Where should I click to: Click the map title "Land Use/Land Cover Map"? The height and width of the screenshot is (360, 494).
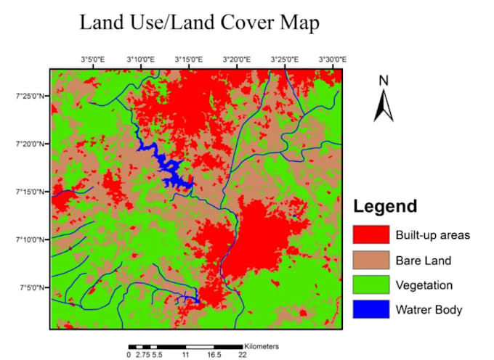click(199, 23)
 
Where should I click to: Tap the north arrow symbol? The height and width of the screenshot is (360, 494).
click(384, 106)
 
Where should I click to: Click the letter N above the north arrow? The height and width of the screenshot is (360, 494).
click(384, 81)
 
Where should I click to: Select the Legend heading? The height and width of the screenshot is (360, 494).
click(385, 206)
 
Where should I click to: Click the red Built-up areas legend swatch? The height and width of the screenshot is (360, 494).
click(370, 235)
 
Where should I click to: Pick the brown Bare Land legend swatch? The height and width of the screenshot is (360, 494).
click(370, 260)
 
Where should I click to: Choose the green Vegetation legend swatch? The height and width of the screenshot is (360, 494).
click(370, 285)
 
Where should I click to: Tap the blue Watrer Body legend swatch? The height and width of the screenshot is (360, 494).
click(370, 310)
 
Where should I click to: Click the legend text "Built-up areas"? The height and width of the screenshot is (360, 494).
click(433, 235)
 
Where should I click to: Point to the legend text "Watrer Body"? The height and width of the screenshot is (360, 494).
click(429, 310)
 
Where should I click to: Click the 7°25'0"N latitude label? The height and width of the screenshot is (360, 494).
click(33, 96)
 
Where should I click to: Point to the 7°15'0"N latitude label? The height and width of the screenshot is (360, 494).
click(33, 192)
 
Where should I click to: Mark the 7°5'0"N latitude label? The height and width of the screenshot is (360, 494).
click(34, 288)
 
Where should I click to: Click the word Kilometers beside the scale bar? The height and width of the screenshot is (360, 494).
click(262, 346)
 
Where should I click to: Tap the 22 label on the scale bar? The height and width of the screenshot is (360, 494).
click(243, 356)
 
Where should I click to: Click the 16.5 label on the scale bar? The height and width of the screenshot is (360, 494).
click(214, 356)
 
